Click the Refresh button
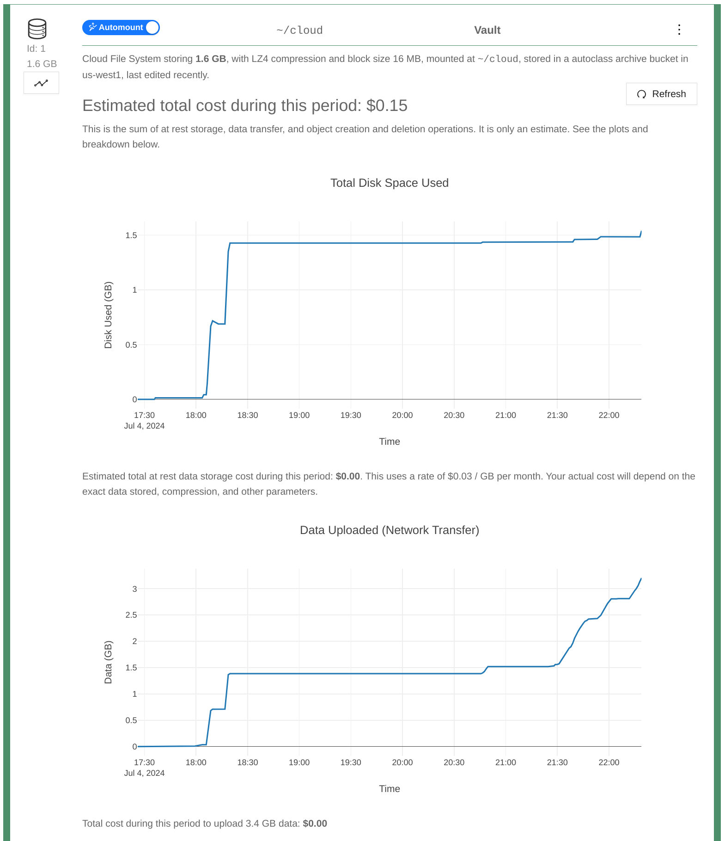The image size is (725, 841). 661,94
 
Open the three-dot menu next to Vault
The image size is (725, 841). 679,30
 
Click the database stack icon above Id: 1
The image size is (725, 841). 37,29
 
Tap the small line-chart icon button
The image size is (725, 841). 41,83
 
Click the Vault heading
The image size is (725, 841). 487,31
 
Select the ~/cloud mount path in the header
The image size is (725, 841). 299,31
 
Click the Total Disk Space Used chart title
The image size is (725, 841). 389,183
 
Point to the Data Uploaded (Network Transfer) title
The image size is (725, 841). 389,530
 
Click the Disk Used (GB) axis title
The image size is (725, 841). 108,315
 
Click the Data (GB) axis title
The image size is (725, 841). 108,662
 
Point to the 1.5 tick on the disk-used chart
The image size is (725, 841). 131,236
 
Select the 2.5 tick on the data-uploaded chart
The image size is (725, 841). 131,615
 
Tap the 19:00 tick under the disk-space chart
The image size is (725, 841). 299,415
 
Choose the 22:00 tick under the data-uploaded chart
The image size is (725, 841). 609,762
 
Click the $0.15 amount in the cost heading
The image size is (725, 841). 387,106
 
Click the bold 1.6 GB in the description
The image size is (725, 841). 211,59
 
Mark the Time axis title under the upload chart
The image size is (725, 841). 389,789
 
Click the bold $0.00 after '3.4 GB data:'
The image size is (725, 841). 315,823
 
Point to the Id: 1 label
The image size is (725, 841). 36,49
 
